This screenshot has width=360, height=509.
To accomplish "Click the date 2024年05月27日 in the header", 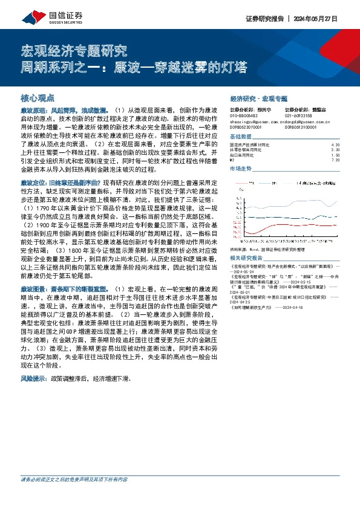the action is tap(327, 18).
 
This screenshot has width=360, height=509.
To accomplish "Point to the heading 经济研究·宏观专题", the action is tap(259, 97).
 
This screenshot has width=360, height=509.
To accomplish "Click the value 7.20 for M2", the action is tap(336, 160).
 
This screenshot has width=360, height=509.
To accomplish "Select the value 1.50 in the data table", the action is tap(336, 155).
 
